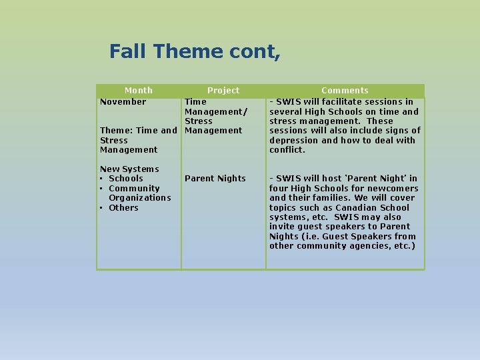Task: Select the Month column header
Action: (x=139, y=91)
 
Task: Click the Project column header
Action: (x=223, y=91)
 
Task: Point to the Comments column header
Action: (x=345, y=91)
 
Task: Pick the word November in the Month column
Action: (x=123, y=102)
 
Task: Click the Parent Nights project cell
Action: (x=215, y=179)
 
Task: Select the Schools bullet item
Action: (x=125, y=179)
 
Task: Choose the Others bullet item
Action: (x=123, y=208)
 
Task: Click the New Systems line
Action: (x=129, y=169)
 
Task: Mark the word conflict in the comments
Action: (x=286, y=150)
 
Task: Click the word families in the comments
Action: (x=325, y=198)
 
